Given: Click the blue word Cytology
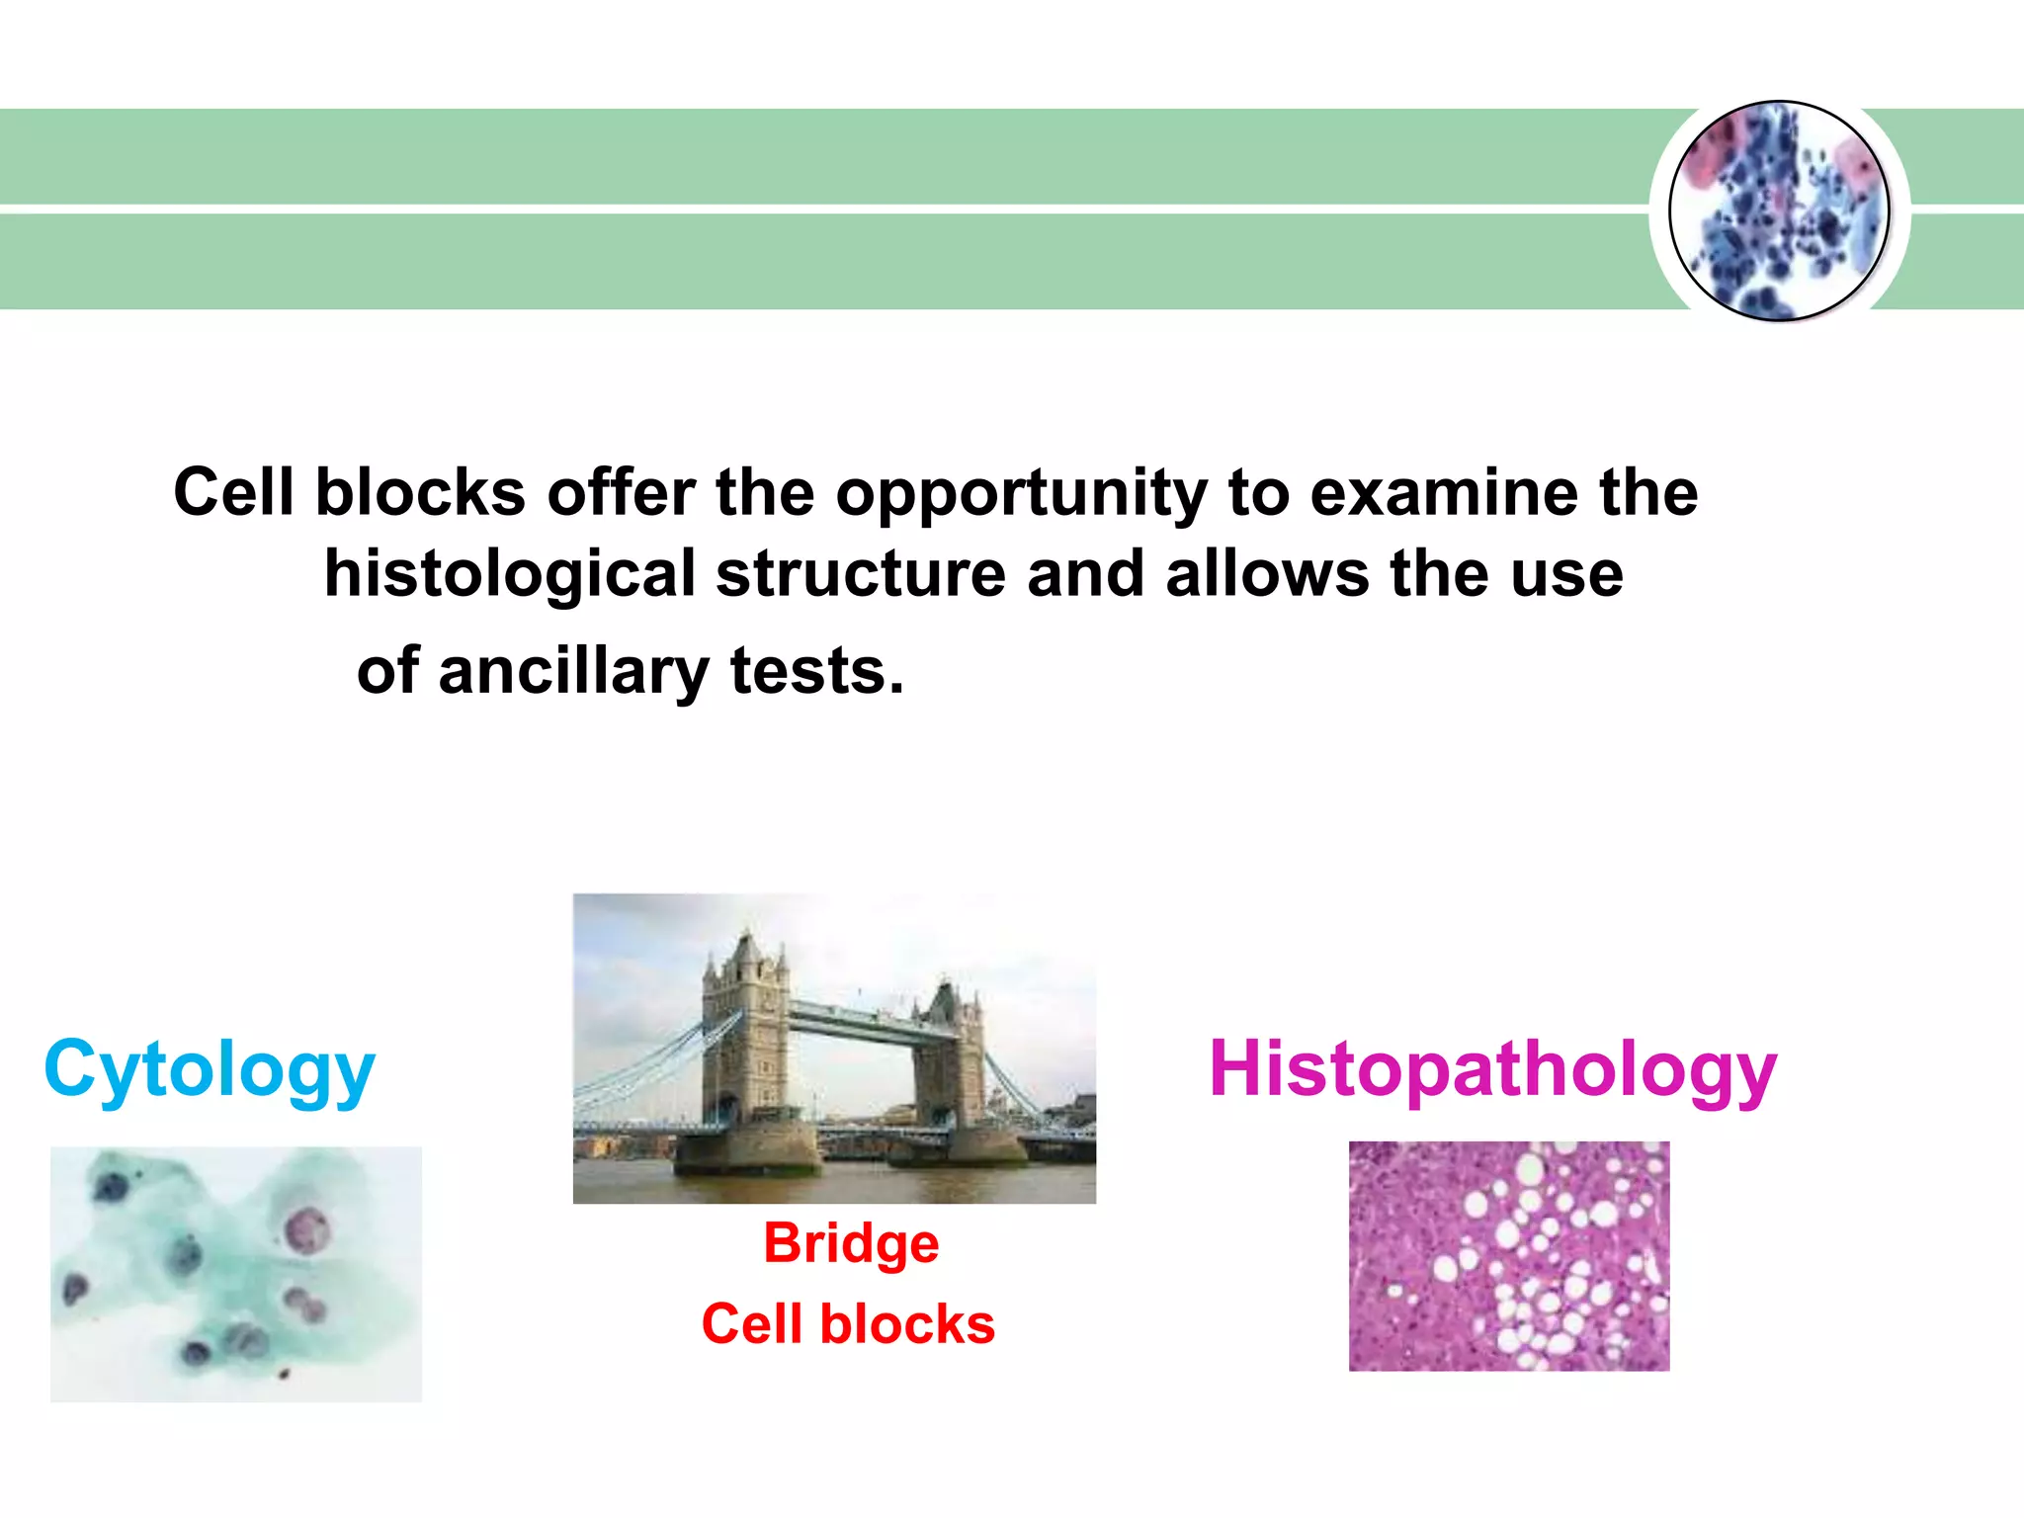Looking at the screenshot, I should click(x=210, y=1070).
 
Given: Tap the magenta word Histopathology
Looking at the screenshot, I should click(x=1492, y=1070).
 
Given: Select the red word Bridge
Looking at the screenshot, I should click(x=851, y=1243).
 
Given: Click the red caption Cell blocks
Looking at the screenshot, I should click(x=848, y=1324).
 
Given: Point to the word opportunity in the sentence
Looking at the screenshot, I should click(x=1021, y=493).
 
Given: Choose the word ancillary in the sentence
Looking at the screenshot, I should click(x=572, y=672).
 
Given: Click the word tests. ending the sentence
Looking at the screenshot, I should click(x=816, y=672).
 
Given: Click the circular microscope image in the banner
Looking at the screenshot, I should click(x=1779, y=211).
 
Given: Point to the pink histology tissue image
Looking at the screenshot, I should click(x=1508, y=1256).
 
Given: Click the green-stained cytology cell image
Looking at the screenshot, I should click(x=235, y=1274).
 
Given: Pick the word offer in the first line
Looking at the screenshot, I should click(x=621, y=493).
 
